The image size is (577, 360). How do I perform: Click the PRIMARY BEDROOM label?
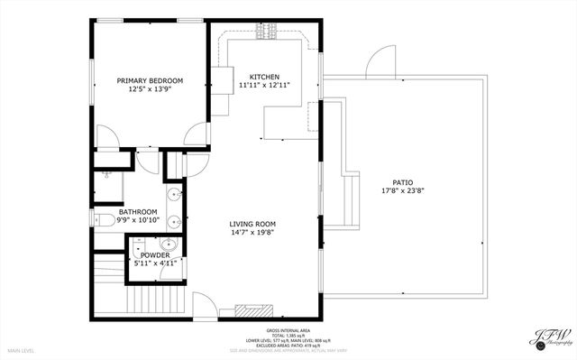pos(150,81)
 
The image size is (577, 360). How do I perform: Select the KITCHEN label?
pos(264,77)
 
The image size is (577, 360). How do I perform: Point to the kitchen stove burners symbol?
pos(266,32)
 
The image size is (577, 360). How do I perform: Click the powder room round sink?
pos(167,244)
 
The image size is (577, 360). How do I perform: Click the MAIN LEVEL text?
pos(23,349)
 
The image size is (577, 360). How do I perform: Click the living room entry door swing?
pos(206,308)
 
